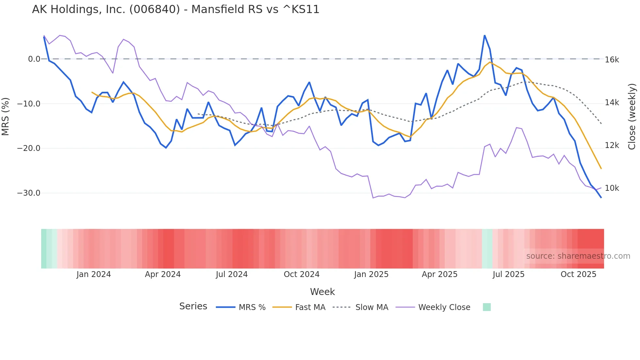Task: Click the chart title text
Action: tap(176, 9)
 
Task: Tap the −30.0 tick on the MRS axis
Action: tap(29, 193)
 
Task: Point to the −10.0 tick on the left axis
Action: tap(29, 104)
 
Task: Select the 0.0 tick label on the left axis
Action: tap(34, 59)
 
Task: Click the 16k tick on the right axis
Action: tap(612, 60)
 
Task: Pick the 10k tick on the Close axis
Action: tap(612, 188)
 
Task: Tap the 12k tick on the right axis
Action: tap(612, 145)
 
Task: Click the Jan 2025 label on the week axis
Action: tap(371, 274)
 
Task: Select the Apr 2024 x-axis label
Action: tap(163, 274)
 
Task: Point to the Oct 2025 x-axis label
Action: tap(578, 274)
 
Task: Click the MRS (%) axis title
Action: tap(6, 117)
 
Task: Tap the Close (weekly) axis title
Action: tap(632, 117)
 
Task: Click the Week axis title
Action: tap(322, 292)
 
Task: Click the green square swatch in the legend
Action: tap(487, 307)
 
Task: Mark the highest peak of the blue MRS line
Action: tap(485, 35)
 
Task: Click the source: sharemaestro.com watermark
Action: tap(578, 256)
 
